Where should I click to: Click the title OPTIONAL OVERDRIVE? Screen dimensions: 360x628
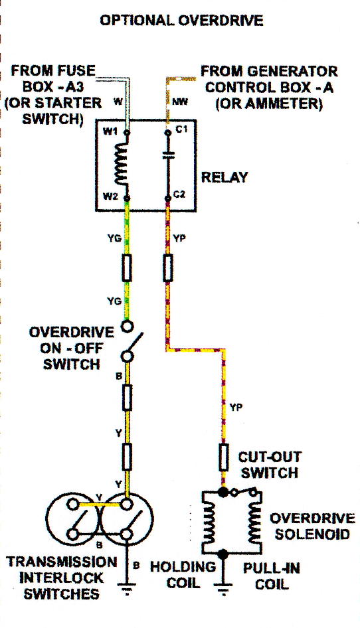coord(181,20)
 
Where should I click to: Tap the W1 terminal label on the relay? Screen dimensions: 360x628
coord(110,131)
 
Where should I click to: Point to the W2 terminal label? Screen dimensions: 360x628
coord(110,196)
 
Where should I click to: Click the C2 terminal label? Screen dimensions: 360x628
coord(179,195)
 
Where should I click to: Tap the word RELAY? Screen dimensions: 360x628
coord(225,177)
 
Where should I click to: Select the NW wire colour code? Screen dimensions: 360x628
coord(179,102)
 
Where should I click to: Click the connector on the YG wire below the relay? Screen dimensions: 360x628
coord(127,268)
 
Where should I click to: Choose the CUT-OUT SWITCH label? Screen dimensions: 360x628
coord(269,465)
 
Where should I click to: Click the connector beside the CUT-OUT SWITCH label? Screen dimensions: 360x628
coord(223,457)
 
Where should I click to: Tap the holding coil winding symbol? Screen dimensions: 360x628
coord(209,522)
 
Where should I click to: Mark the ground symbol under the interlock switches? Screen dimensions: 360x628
coord(127,589)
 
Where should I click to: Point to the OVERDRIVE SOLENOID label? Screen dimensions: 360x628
coord(312,526)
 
